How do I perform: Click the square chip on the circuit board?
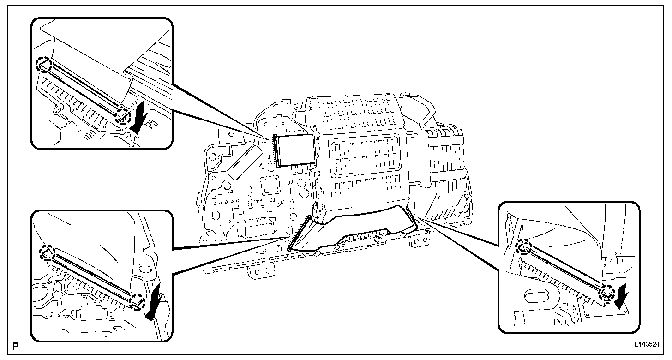[270, 186]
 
